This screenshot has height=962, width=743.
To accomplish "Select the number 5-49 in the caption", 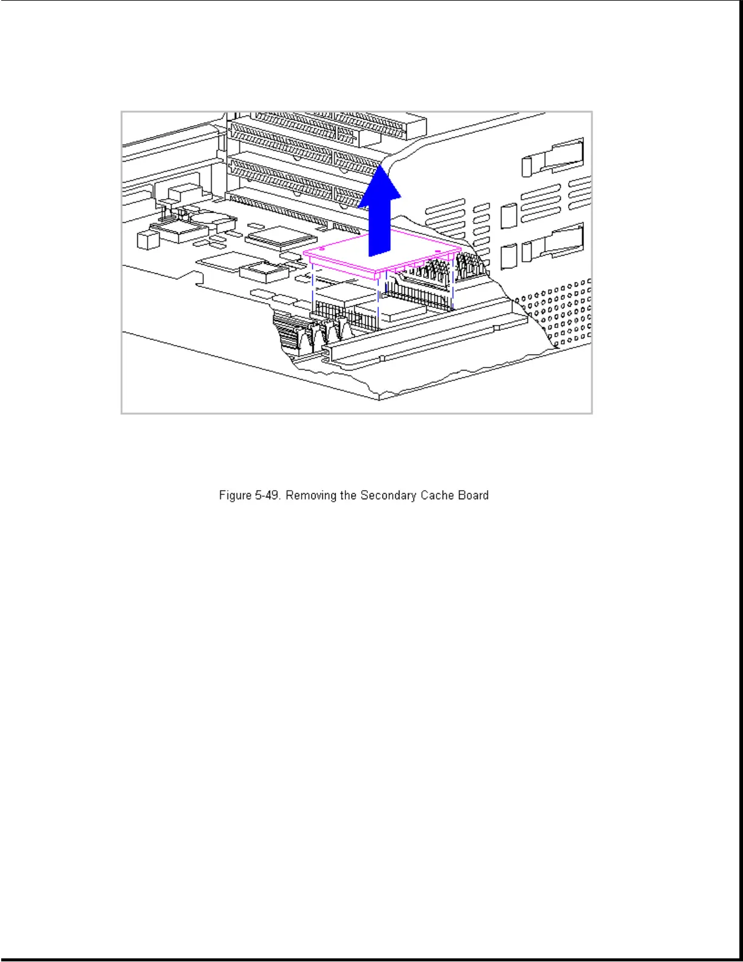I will point(268,496).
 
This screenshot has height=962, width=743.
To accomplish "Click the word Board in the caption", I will point(473,496).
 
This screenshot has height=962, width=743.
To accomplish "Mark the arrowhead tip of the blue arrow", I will point(381,166).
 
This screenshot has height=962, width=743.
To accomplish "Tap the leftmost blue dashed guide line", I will point(312,288).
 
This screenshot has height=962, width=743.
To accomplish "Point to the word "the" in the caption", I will point(348,496).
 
